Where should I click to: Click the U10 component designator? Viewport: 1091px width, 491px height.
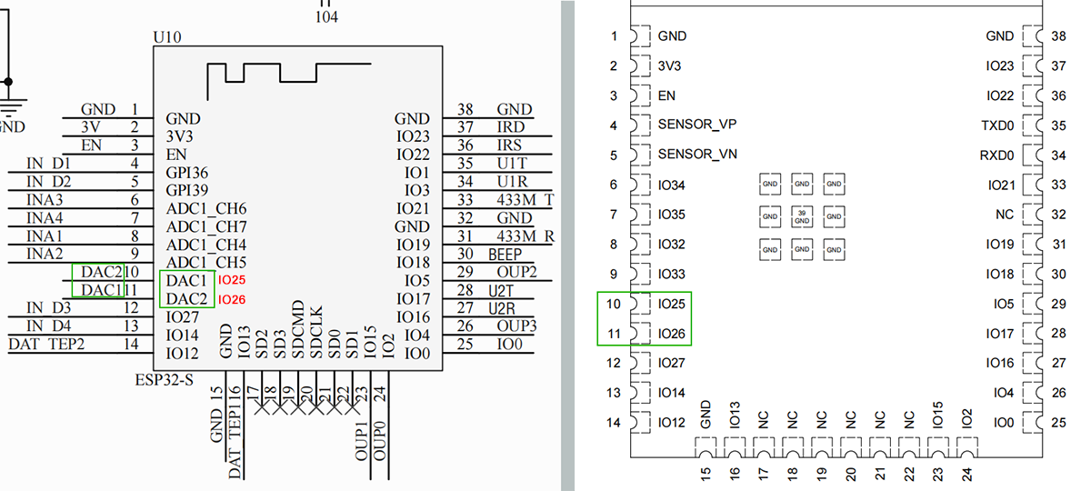pos(169,38)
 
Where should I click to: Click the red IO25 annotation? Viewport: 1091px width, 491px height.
pos(233,281)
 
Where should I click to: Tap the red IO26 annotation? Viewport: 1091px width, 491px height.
pos(233,299)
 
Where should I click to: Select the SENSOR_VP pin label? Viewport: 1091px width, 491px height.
pos(697,125)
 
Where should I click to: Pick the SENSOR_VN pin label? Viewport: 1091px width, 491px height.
pos(697,155)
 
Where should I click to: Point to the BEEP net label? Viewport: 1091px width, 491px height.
pos(505,255)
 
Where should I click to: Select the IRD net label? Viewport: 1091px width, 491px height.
pos(510,128)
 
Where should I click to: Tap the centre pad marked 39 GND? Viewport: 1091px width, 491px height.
pos(801,216)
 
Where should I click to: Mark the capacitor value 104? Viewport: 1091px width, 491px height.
pos(326,16)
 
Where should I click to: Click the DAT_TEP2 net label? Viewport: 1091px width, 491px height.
pos(46,344)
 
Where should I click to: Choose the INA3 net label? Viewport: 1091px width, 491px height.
pos(45,200)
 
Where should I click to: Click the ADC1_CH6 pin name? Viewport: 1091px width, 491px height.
pos(206,209)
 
